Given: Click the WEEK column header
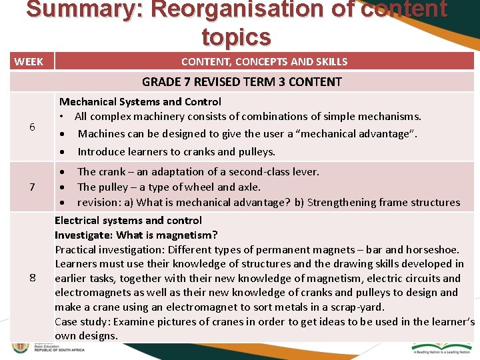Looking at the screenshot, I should click(29, 62).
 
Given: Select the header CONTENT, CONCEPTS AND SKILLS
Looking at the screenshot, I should click(264, 62).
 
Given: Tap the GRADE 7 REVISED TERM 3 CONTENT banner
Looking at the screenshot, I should click(241, 82).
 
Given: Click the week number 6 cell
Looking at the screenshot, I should click(32, 127).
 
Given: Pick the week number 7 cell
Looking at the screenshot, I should click(32, 187).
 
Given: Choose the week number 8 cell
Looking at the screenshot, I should click(32, 277).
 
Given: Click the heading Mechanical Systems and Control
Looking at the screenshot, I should click(140, 101).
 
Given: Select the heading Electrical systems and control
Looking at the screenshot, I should click(128, 220).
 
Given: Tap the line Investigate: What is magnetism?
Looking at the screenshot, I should click(136, 235).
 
